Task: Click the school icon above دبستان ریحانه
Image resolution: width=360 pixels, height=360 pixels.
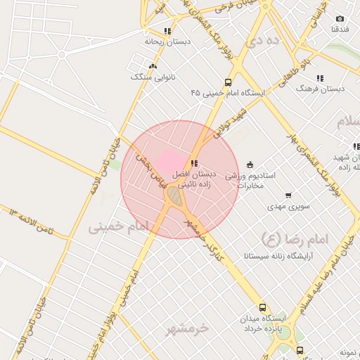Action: (x=167, y=31)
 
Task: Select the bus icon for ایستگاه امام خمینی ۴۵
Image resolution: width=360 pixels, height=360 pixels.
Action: (x=228, y=82)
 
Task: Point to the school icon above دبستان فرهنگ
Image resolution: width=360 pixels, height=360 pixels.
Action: (x=320, y=79)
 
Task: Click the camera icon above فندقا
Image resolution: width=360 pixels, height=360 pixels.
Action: (x=340, y=19)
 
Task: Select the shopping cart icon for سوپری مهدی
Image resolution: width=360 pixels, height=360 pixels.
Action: (x=288, y=196)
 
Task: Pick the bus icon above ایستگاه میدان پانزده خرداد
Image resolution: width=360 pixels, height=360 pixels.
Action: (x=263, y=307)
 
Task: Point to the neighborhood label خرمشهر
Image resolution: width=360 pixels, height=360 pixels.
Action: (x=188, y=328)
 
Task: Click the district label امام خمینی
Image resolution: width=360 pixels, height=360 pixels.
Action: (x=120, y=226)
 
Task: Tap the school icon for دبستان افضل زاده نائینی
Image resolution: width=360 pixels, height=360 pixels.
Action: (x=195, y=163)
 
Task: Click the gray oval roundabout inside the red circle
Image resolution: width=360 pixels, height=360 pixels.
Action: (x=174, y=197)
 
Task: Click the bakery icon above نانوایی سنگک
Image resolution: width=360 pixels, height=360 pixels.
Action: (x=153, y=66)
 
